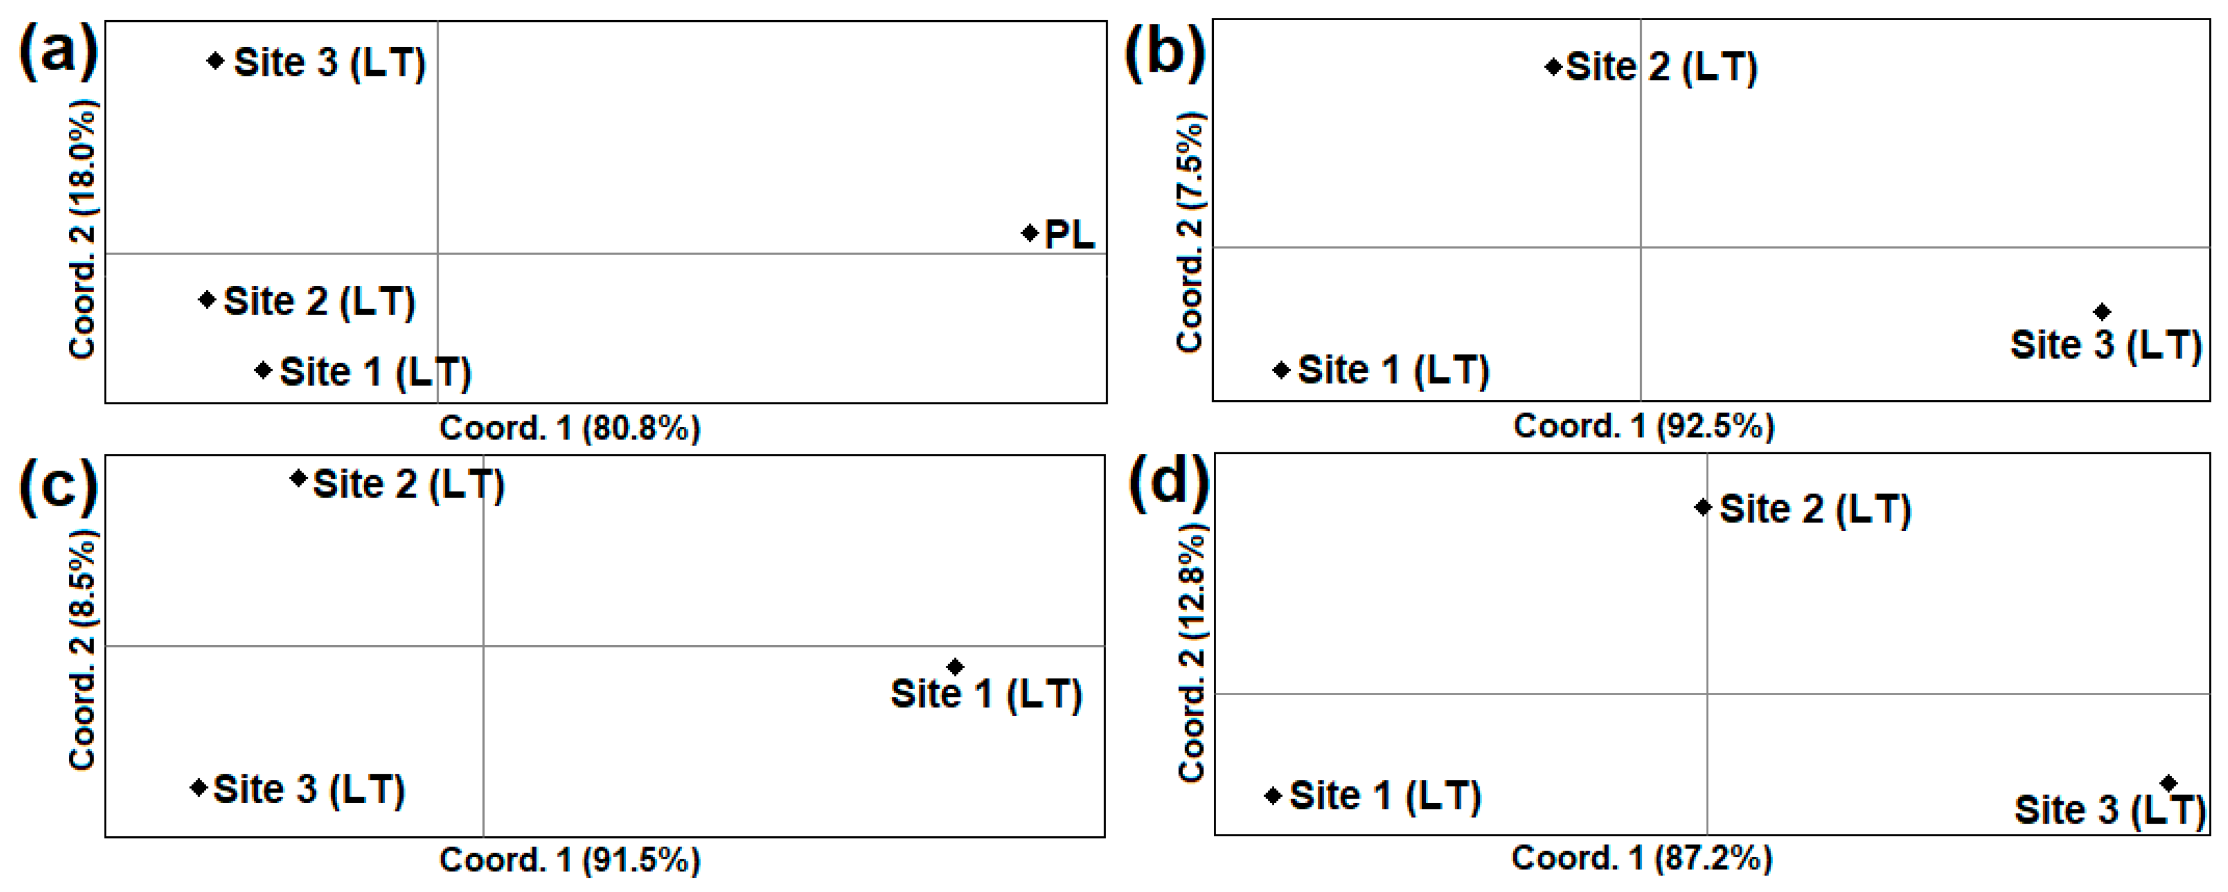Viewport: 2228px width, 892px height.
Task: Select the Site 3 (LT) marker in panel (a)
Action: click(215, 60)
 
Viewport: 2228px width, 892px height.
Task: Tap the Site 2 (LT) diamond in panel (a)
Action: click(207, 299)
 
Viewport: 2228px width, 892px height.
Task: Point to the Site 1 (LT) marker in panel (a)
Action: click(263, 370)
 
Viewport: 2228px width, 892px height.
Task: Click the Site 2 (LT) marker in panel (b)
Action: click(1553, 67)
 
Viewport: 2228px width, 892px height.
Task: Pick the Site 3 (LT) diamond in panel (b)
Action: click(2102, 311)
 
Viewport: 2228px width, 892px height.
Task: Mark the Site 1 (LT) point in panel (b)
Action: click(1282, 370)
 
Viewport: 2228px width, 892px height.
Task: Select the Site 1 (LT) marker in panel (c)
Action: click(955, 666)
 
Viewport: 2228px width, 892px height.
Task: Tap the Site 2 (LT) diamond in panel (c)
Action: click(299, 478)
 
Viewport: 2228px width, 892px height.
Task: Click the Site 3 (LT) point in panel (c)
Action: click(199, 788)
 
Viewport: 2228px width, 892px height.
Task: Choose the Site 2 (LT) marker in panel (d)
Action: click(1703, 507)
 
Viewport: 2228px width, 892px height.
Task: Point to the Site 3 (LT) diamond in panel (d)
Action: click(2168, 783)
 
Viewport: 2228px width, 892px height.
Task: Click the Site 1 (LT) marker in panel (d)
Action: click(1273, 795)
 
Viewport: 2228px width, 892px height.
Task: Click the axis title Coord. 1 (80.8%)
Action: click(570, 428)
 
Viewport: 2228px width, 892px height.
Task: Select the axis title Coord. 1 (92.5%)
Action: click(1643, 426)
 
